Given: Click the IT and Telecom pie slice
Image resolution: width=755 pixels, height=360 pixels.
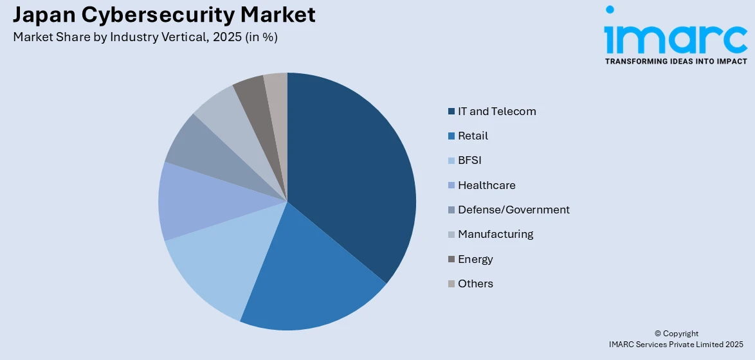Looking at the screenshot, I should (354, 180).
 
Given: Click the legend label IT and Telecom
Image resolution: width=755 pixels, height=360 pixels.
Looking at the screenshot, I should (496, 111).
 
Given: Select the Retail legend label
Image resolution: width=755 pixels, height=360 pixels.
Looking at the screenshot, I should (473, 136).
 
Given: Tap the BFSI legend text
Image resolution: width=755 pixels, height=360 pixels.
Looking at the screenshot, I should (469, 161).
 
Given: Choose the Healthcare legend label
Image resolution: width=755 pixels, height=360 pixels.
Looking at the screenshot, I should (486, 185).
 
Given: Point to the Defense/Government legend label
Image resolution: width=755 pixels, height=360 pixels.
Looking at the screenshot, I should (513, 210).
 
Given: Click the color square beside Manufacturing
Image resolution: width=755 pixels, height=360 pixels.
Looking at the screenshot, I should (451, 235).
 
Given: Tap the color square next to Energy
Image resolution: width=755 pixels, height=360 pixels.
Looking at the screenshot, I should (451, 259).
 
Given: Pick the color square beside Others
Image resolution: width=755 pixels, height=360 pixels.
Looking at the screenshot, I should (451, 283).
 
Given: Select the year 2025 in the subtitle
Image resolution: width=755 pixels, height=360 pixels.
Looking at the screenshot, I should (226, 37).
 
